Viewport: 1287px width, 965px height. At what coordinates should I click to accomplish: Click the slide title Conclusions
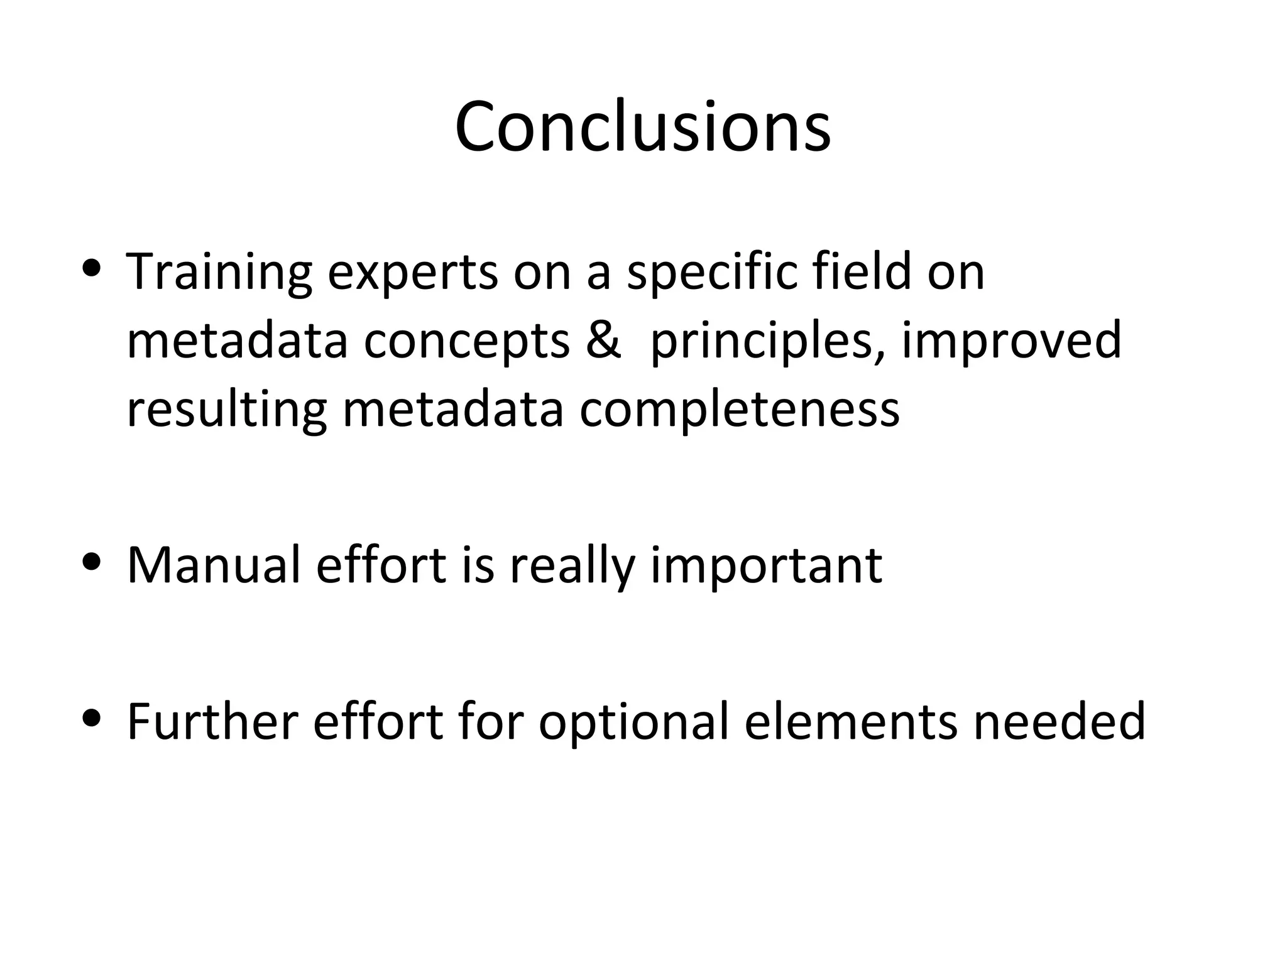pyautogui.click(x=643, y=127)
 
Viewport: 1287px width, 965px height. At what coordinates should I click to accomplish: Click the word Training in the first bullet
pyautogui.click(x=219, y=272)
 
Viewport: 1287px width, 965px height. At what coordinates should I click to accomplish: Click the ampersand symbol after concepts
pyautogui.click(x=602, y=340)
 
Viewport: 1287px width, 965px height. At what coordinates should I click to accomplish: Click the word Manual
pyautogui.click(x=214, y=565)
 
